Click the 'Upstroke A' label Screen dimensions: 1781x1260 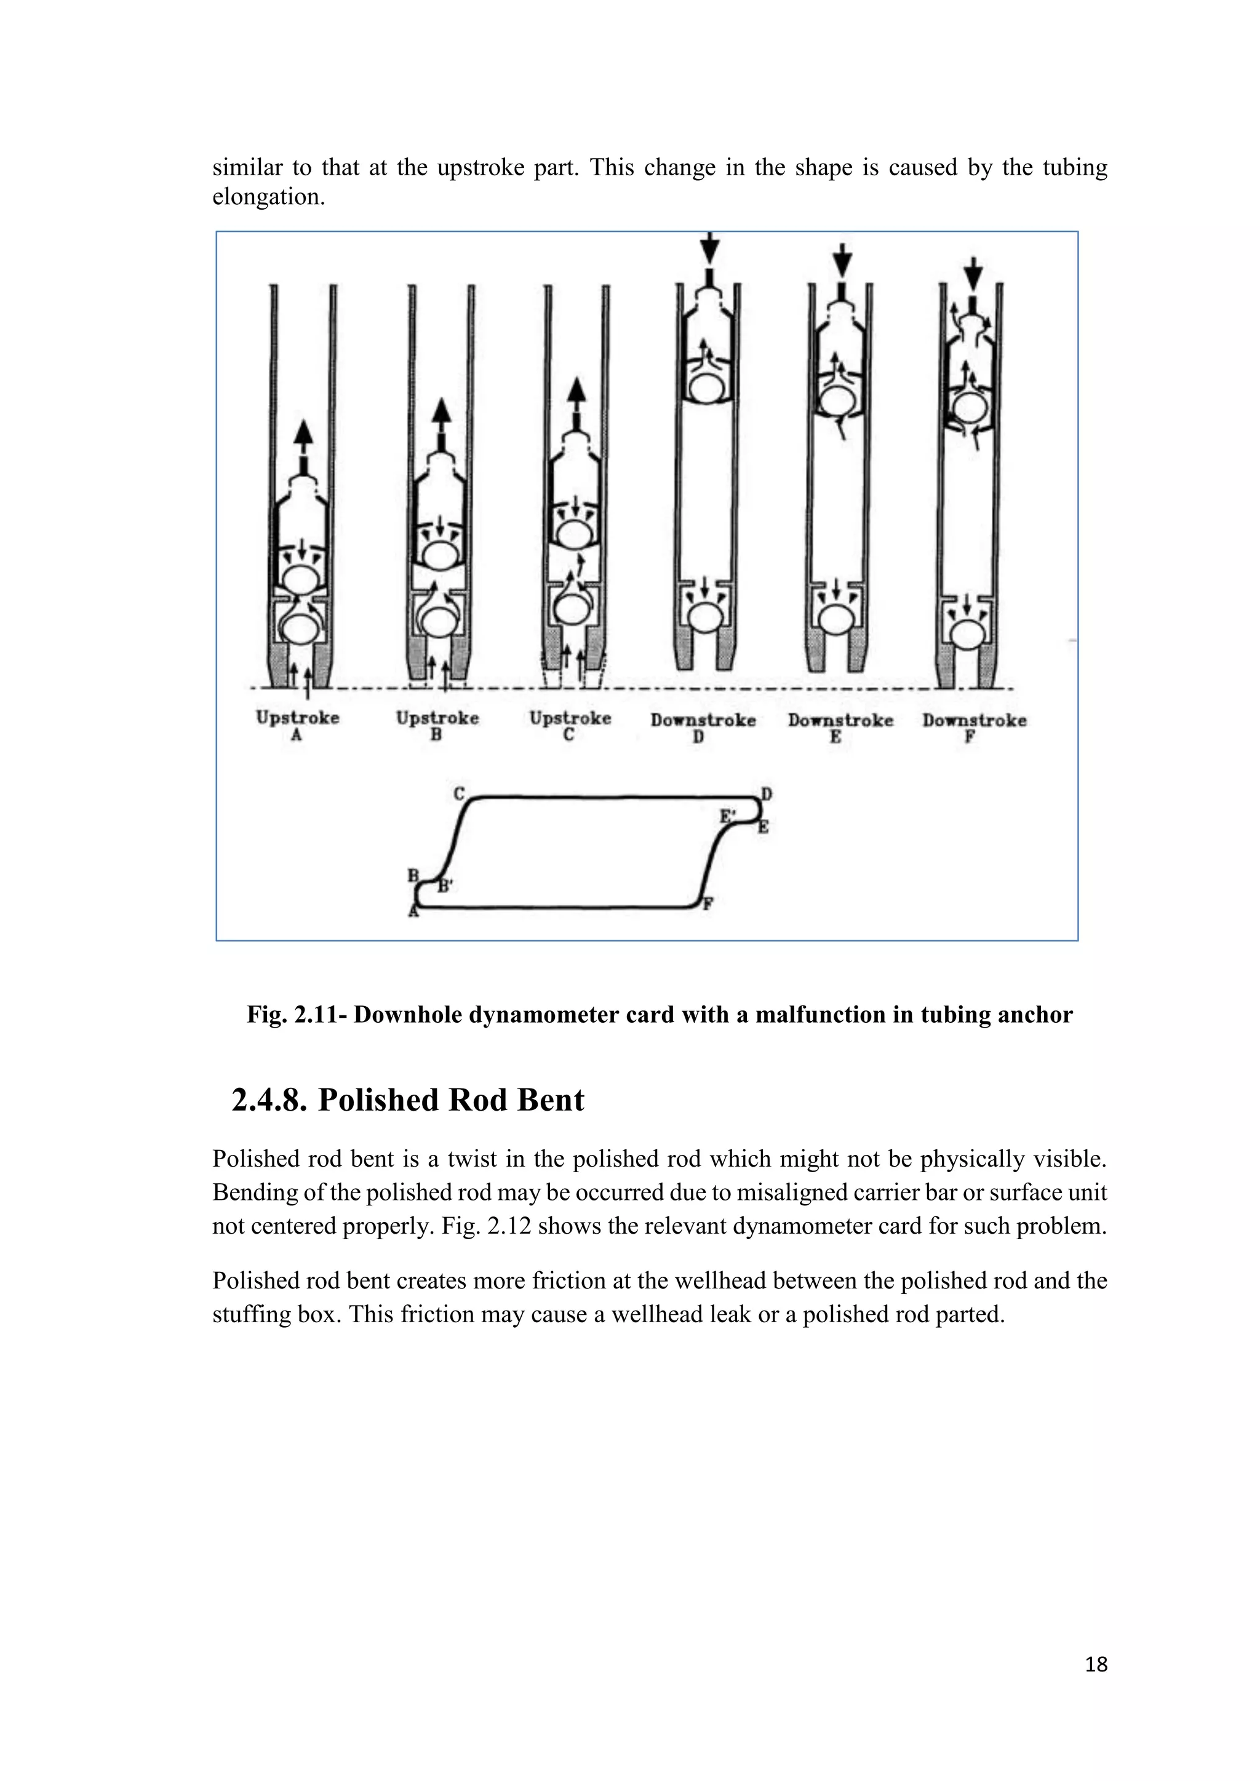click(x=297, y=725)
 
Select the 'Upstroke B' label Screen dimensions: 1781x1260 click(x=437, y=725)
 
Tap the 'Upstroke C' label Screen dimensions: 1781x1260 click(x=570, y=725)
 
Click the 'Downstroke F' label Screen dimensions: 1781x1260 click(x=974, y=728)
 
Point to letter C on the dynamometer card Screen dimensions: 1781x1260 click(x=460, y=793)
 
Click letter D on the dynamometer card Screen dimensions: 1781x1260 click(x=767, y=793)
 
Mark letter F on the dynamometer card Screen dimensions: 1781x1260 click(x=708, y=903)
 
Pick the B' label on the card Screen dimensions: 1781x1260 click(x=445, y=886)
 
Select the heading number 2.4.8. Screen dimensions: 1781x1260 click(x=269, y=1100)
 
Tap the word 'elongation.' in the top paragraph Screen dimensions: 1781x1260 click(x=268, y=197)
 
